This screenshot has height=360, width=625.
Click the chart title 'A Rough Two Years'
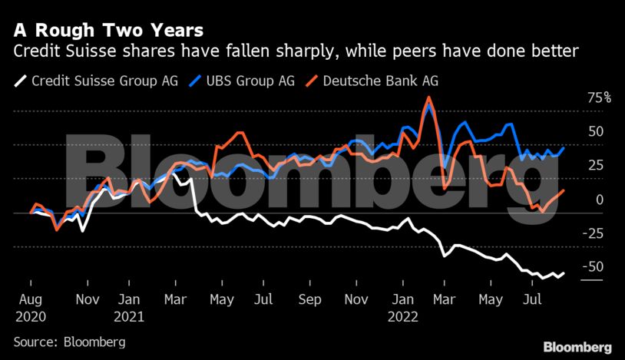coord(108,31)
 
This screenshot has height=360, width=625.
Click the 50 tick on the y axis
coord(595,131)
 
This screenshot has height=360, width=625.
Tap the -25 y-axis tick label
coord(594,233)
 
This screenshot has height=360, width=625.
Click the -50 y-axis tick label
coord(594,266)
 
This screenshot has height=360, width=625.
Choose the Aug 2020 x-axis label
coord(31,306)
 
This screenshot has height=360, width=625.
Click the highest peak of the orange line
coord(428,97)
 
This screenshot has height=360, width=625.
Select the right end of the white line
coord(564,272)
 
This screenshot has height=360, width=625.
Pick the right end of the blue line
coord(564,147)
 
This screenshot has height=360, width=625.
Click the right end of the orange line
coord(564,190)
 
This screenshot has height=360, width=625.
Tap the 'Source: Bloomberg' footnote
coord(69,341)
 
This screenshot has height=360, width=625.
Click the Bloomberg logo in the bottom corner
coord(577,347)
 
